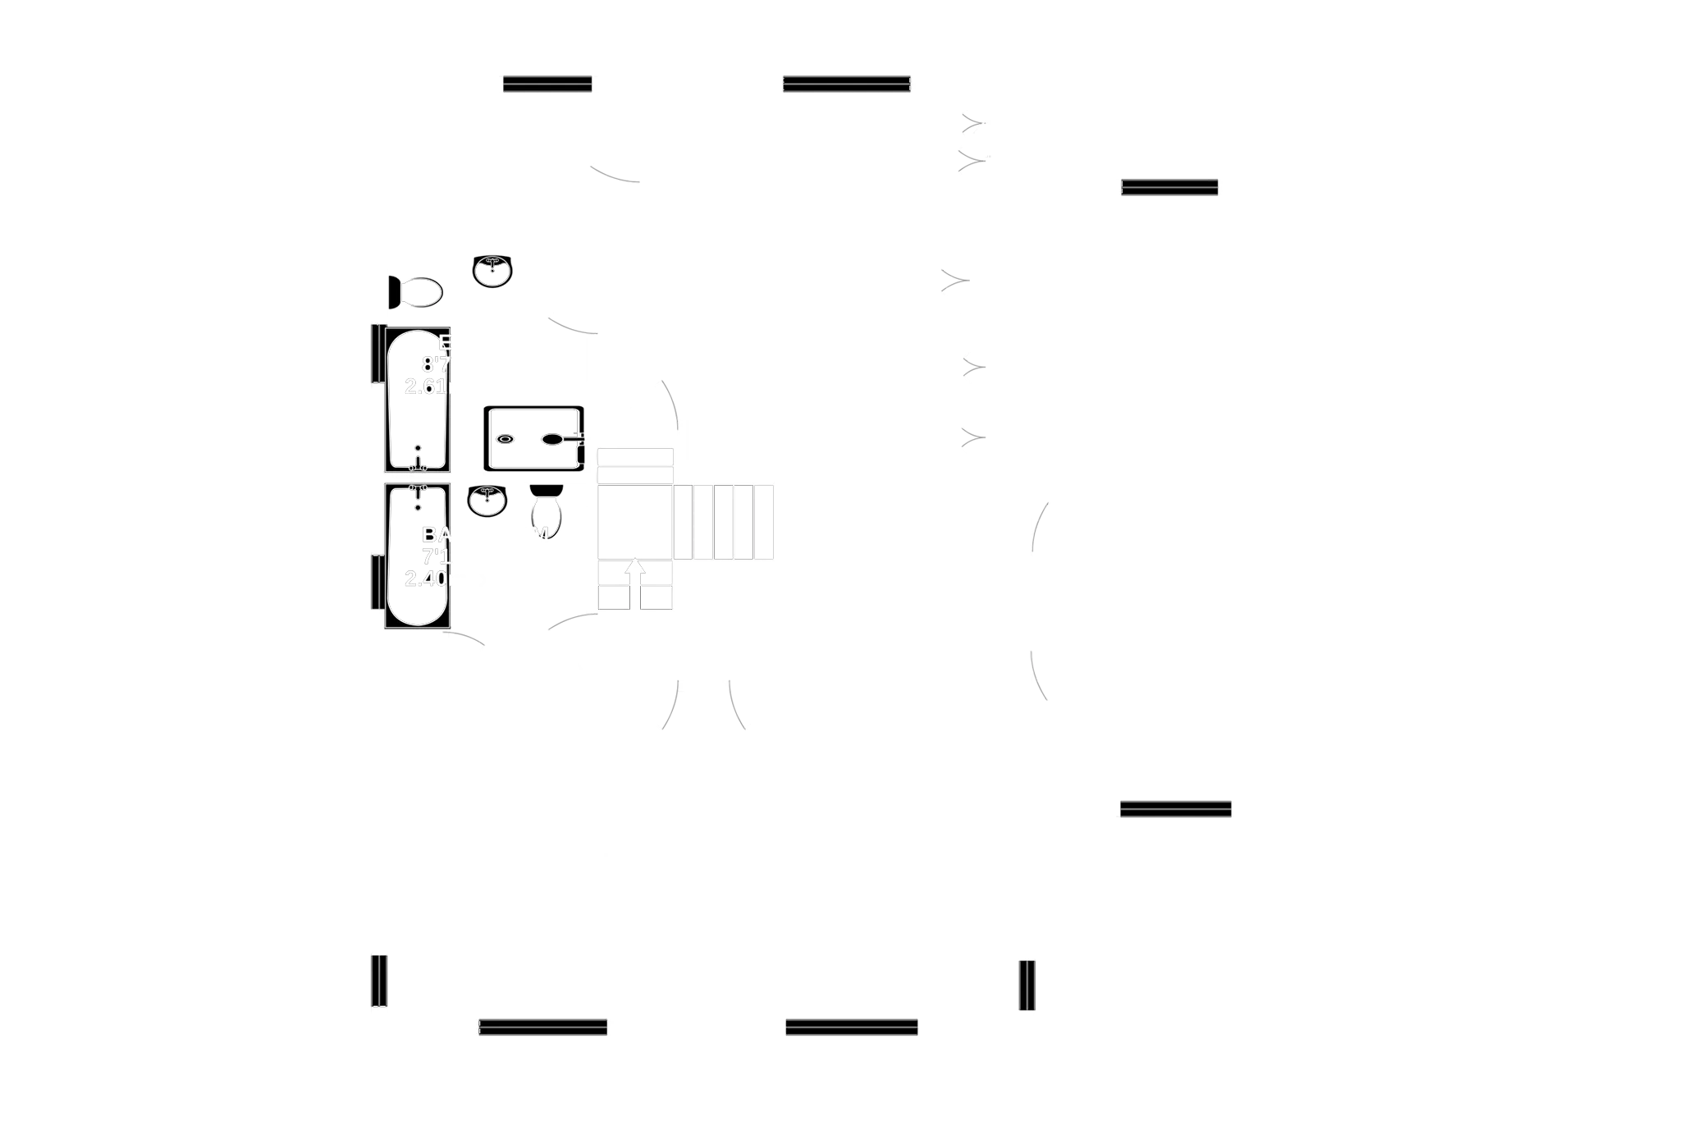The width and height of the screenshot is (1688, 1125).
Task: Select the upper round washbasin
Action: [492, 271]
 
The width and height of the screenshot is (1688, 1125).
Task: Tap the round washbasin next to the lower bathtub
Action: [487, 500]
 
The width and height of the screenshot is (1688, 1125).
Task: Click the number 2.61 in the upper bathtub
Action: [426, 386]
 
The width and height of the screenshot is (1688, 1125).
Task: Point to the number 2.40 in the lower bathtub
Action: [426, 579]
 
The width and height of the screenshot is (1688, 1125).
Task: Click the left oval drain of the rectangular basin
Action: [504, 439]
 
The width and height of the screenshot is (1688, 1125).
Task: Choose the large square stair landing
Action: [634, 521]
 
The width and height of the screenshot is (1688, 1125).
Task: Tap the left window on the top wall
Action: [547, 85]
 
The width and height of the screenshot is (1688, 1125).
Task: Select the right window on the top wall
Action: [846, 85]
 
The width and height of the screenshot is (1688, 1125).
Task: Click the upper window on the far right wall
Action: [1169, 187]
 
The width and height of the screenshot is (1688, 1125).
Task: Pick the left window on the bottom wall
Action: [543, 1027]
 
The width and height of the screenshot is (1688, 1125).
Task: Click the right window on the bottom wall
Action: [852, 1027]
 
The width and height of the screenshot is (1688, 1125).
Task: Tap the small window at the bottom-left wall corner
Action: [377, 980]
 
